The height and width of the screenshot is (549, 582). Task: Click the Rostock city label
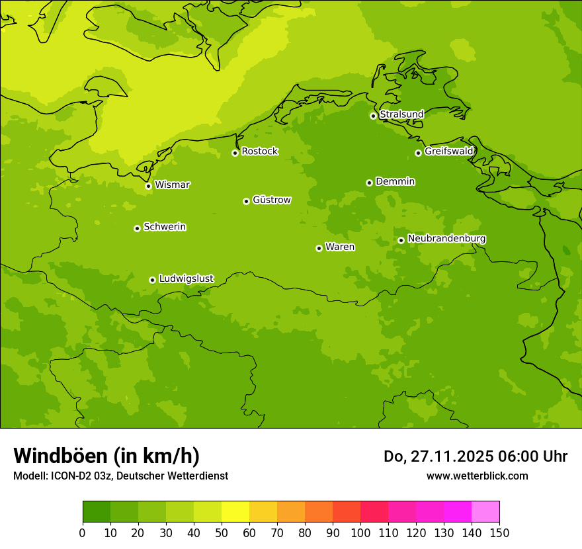click(259, 151)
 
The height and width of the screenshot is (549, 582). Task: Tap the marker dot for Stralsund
click(373, 116)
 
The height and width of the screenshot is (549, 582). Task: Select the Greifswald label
click(448, 151)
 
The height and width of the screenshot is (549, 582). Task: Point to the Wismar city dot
click(148, 186)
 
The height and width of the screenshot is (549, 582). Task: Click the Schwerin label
click(165, 227)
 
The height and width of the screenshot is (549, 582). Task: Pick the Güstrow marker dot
click(246, 201)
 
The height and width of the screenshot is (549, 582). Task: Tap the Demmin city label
click(395, 181)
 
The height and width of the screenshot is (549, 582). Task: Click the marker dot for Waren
click(319, 248)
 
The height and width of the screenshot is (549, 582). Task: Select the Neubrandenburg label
click(446, 239)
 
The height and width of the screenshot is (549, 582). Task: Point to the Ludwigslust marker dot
click(152, 280)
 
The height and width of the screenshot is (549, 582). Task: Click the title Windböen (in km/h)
click(106, 456)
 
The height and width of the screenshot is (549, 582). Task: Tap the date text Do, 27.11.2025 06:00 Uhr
click(475, 456)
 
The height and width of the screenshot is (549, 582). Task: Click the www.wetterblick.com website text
click(477, 476)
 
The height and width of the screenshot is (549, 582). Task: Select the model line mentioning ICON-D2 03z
click(120, 476)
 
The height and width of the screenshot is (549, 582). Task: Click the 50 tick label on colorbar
click(222, 532)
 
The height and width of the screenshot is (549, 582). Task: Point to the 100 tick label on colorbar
click(360, 532)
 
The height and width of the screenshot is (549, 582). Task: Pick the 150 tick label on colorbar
click(499, 532)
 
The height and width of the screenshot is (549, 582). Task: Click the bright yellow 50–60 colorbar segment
click(235, 512)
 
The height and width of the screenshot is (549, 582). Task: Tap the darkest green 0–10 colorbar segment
click(97, 512)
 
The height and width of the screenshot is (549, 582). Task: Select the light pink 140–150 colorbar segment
click(485, 512)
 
